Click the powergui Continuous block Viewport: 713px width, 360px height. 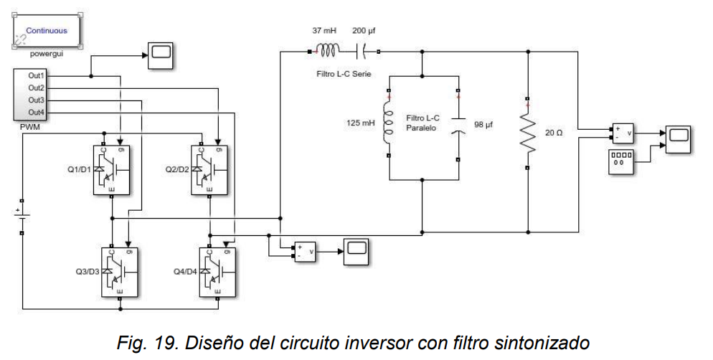47,30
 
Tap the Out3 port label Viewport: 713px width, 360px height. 37,100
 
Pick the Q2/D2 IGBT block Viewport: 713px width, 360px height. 209,169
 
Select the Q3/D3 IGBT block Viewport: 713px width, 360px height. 119,272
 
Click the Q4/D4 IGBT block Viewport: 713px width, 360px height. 217,272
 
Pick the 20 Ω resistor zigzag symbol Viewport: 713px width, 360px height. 527,133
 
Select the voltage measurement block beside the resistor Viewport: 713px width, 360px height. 622,132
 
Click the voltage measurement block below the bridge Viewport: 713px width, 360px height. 303,252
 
